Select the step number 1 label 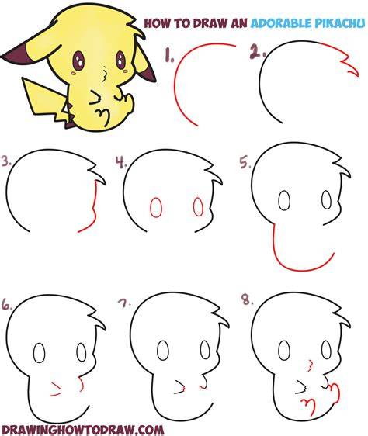tap(169, 54)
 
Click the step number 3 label tap(6, 161)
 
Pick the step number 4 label tap(121, 162)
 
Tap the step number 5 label tap(245, 163)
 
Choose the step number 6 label tap(7, 304)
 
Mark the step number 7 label tap(124, 303)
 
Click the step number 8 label tap(247, 300)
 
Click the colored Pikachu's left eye tap(78, 61)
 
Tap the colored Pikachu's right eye tap(120, 59)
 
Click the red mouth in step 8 tap(310, 365)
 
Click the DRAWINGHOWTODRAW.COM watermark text tap(83, 429)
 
